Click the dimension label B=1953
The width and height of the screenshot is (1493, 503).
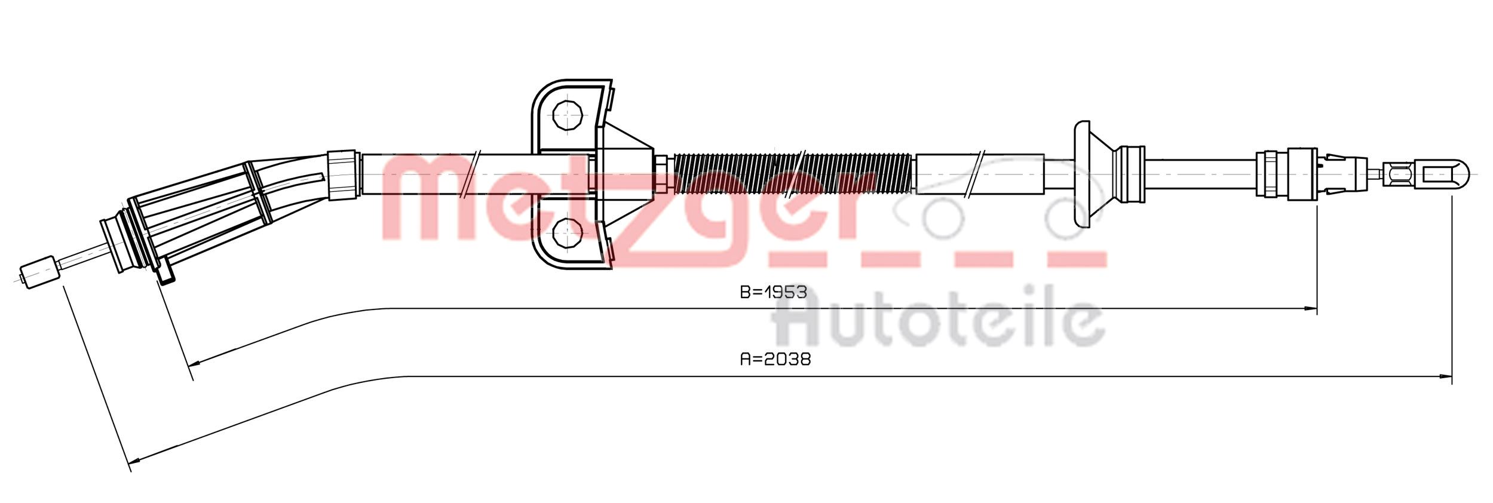tap(773, 293)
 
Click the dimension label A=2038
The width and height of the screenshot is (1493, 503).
tap(775, 360)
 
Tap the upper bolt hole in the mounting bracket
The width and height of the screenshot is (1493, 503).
tap(567, 115)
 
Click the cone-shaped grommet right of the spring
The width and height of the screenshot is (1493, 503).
tap(1096, 174)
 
